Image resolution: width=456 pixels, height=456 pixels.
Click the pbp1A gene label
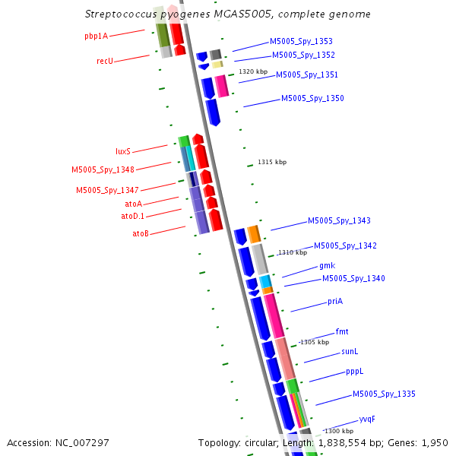coord(96,36)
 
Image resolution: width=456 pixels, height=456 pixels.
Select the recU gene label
coord(105,60)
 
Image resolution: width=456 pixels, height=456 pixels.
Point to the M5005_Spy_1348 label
coord(103,170)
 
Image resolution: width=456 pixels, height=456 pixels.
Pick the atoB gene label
coord(141,233)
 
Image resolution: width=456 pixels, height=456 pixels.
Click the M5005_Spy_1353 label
coord(301,41)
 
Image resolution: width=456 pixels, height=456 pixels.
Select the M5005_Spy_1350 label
coord(312,98)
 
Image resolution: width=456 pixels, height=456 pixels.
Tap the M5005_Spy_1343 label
coord(339,220)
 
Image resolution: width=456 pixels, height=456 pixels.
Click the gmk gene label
coord(327,265)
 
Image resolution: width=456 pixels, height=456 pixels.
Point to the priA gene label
coord(335,301)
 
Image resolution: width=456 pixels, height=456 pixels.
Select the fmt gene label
coord(342,331)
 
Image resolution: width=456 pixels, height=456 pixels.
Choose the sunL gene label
coord(350,351)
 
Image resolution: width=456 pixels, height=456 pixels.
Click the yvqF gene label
coord(367,419)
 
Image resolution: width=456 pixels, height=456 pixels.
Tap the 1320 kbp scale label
coord(253,72)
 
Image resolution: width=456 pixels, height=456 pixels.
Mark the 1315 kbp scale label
coord(272,162)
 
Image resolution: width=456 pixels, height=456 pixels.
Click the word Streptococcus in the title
coord(122,14)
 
